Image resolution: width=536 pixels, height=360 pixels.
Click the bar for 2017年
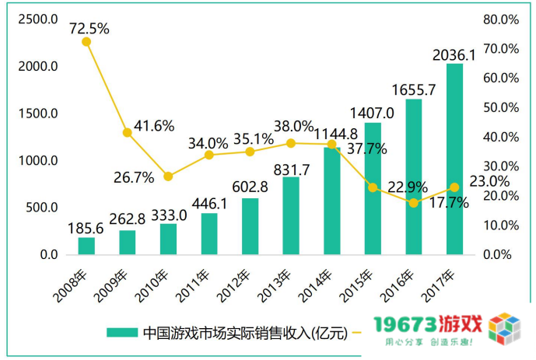[x=454, y=159]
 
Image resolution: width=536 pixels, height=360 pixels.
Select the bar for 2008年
[x=86, y=246]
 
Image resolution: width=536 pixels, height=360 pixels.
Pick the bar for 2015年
[x=373, y=188]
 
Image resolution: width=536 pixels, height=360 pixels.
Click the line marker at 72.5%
[x=86, y=41]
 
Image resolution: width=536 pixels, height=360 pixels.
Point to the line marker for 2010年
[x=168, y=177]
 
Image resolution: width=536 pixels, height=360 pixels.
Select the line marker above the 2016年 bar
[x=414, y=203]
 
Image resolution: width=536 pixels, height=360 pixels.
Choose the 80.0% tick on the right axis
[x=501, y=19]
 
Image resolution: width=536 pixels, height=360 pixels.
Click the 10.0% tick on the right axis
[x=501, y=225]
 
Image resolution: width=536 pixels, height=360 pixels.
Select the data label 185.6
[x=86, y=229]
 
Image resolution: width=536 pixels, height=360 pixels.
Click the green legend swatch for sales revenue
[x=123, y=333]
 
